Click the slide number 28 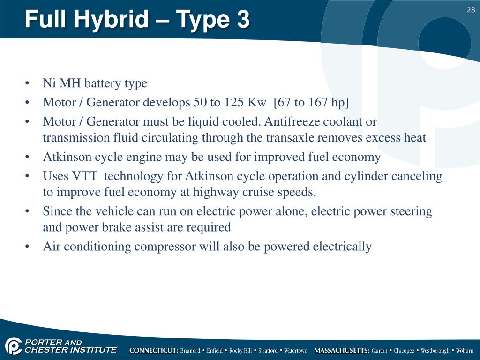point(471,10)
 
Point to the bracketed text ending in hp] point(311,103)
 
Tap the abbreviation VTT point(85,176)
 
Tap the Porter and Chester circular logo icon point(13,346)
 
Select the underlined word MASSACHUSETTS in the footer point(342,350)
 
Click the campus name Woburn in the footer point(465,351)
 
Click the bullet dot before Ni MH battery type point(27,83)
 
